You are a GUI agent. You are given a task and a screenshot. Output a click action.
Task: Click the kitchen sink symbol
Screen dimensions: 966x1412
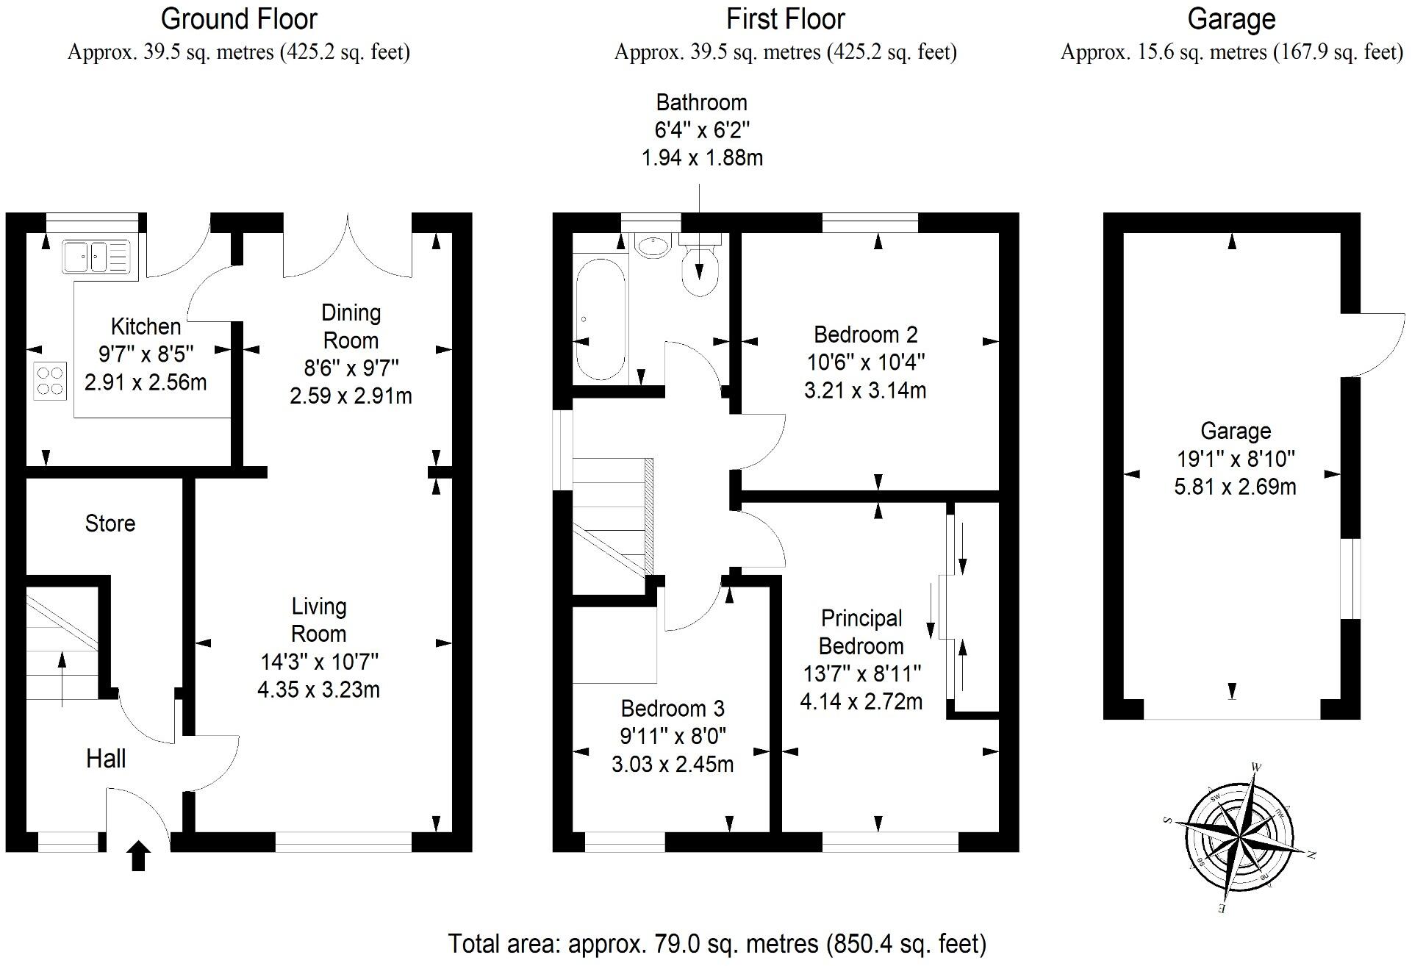point(96,257)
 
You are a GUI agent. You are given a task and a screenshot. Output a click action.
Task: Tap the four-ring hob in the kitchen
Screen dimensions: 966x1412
point(50,381)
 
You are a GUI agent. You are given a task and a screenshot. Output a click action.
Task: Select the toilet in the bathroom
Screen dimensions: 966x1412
point(699,268)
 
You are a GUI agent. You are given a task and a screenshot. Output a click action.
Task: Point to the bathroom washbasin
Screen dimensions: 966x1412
point(653,246)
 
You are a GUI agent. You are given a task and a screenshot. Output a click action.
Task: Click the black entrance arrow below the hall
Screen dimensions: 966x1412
point(139,856)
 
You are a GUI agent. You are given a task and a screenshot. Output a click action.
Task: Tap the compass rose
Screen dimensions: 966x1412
point(1239,837)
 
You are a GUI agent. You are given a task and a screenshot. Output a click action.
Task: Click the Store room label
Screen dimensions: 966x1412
point(110,523)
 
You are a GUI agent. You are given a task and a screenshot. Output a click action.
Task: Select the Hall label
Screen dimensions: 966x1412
point(106,759)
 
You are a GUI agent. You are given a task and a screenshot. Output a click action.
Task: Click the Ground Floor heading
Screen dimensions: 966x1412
point(239,19)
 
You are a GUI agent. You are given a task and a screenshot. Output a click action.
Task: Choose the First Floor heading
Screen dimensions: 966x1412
point(785,19)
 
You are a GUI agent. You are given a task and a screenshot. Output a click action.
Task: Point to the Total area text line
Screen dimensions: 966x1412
point(717,943)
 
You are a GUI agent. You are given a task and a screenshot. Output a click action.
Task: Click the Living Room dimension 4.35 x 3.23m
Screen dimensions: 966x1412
point(318,690)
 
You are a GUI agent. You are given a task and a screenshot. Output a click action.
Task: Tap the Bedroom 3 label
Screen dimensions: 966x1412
point(673,708)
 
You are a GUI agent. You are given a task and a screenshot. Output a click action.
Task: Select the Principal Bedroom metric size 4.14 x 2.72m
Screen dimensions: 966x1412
point(861,701)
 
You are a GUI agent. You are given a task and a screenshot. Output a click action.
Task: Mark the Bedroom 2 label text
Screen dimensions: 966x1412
point(865,334)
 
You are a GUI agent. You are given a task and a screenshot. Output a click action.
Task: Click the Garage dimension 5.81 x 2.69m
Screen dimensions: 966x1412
point(1235,487)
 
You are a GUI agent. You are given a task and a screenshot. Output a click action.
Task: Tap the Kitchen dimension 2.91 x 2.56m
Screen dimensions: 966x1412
point(146,382)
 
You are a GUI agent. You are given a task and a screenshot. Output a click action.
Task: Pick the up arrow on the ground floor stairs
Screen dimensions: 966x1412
point(62,676)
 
